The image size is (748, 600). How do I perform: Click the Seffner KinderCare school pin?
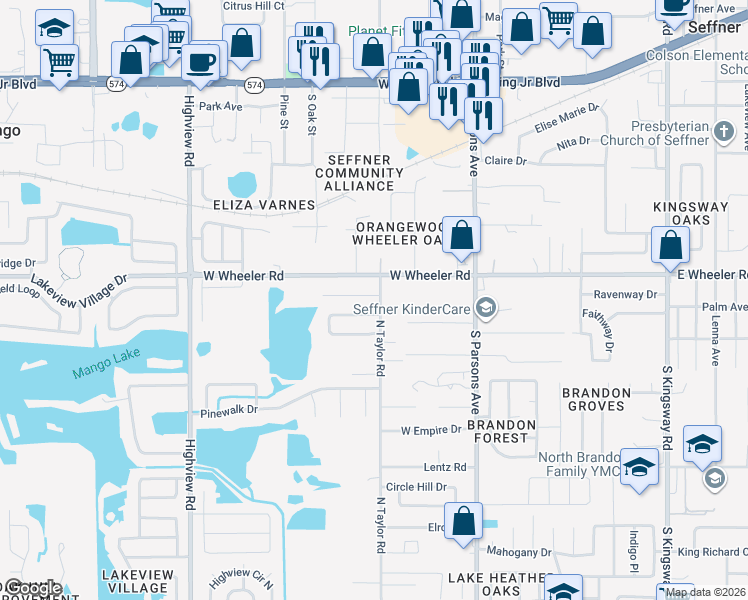tap(487, 308)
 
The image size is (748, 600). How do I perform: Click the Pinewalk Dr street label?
tap(229, 410)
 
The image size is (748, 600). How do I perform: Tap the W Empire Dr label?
tap(429, 431)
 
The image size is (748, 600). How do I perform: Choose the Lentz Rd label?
tap(445, 467)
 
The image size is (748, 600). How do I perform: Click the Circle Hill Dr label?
tap(415, 487)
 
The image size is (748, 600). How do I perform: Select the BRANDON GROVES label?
tap(596, 400)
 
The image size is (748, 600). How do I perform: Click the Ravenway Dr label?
tap(625, 295)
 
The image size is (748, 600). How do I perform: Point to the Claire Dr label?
tap(505, 160)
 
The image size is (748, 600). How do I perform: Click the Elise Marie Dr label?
tap(566, 118)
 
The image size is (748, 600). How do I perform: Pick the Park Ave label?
tap(221, 105)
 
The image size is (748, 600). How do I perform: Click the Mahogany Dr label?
tap(519, 551)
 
